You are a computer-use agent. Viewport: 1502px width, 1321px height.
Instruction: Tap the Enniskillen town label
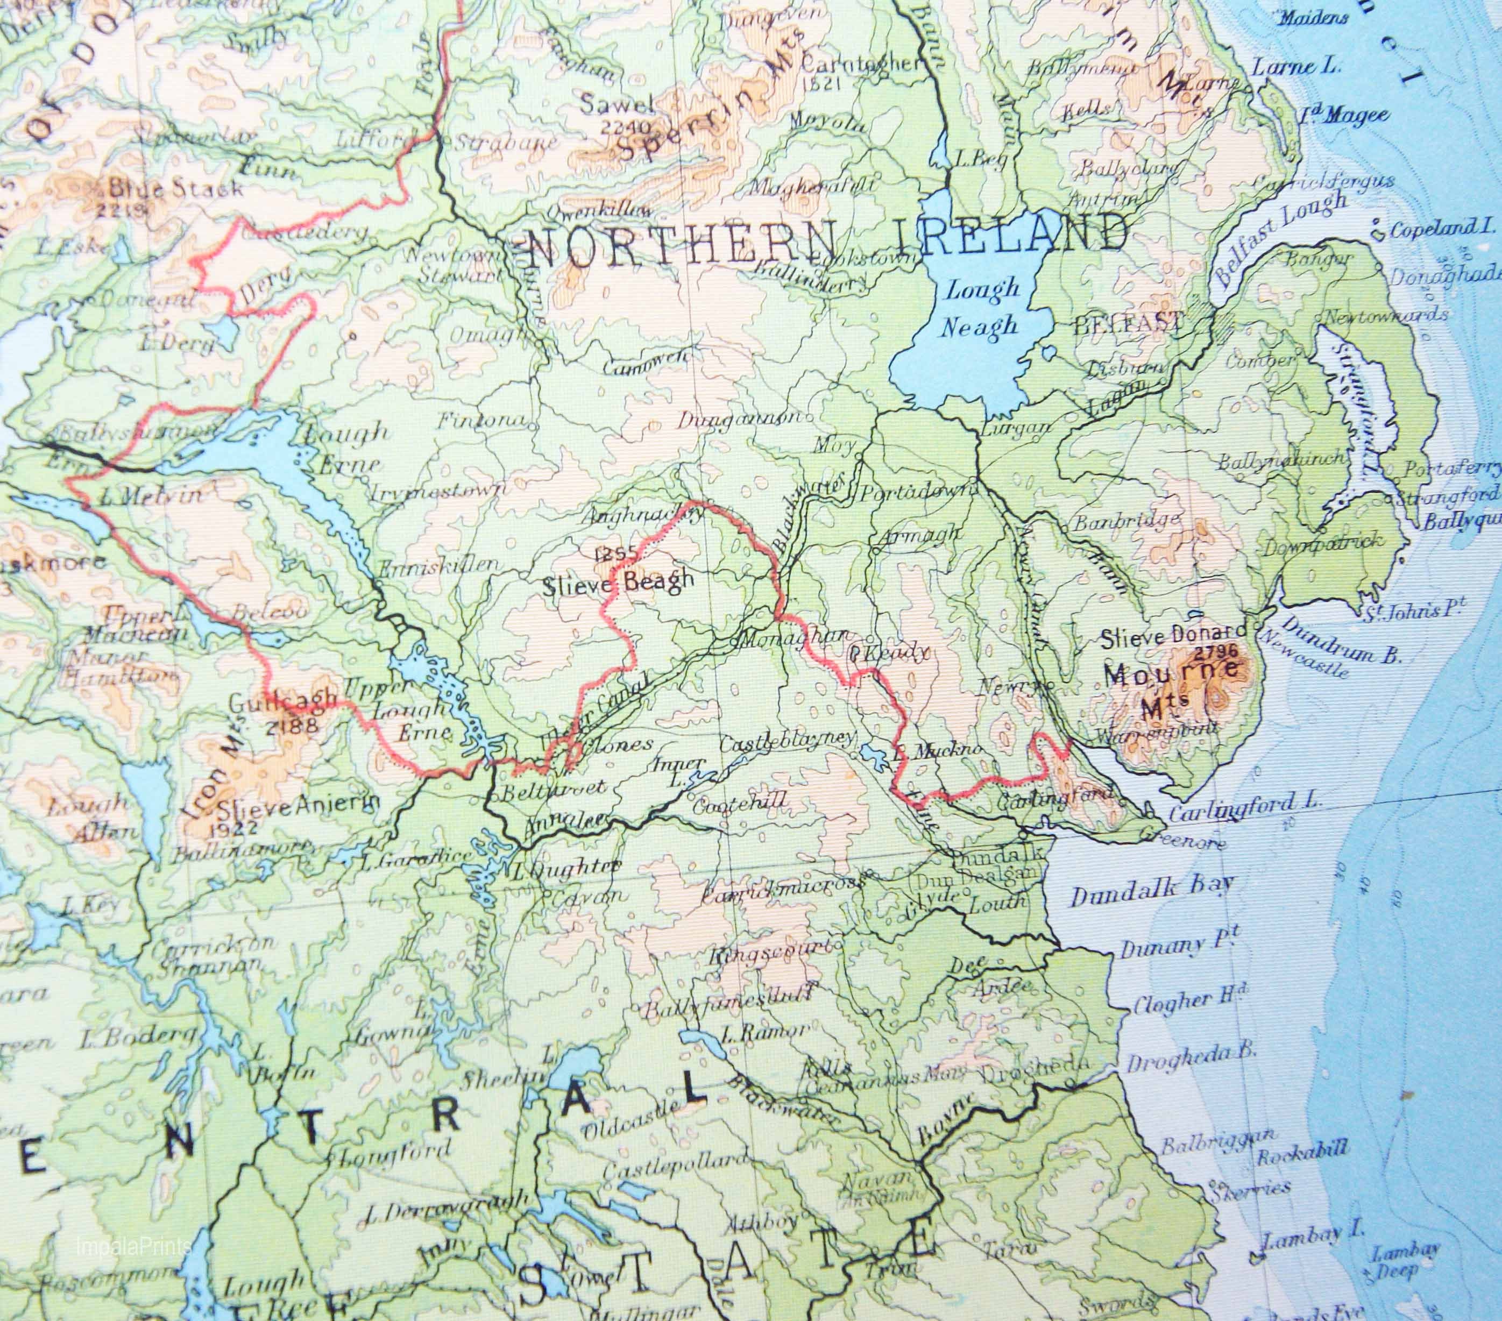(x=440, y=566)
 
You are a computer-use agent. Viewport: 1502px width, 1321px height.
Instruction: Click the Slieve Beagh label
(x=618, y=582)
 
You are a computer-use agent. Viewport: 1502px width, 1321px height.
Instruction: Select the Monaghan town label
(x=795, y=639)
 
